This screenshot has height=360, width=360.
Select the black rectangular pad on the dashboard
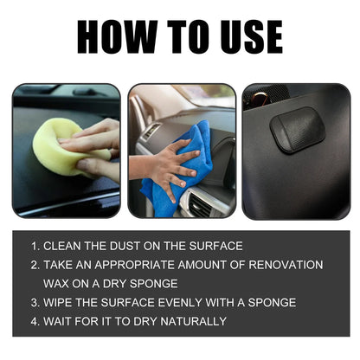click(297, 131)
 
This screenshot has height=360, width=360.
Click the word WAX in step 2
click(58, 283)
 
